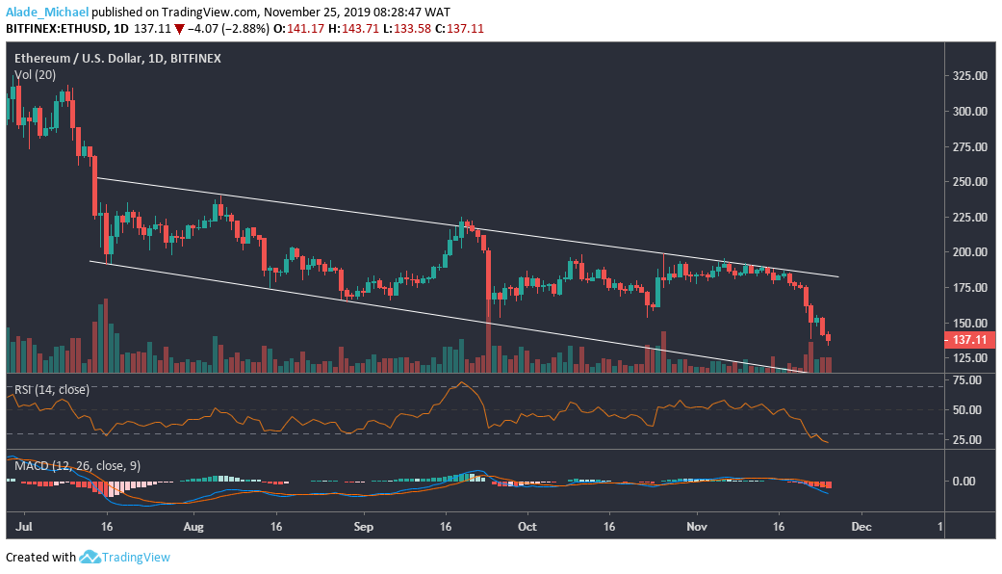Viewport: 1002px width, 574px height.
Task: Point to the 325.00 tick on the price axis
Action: pos(966,75)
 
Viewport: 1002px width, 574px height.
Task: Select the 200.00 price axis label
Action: pos(966,252)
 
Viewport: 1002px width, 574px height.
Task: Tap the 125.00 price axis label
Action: pos(966,358)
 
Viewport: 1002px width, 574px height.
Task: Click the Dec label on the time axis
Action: pos(861,528)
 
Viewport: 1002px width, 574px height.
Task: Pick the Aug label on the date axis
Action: pos(193,528)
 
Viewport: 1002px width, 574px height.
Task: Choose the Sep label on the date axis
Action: pos(363,528)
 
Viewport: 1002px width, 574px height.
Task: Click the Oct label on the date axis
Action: pos(527,528)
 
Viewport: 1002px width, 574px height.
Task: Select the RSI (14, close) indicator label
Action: pos(52,390)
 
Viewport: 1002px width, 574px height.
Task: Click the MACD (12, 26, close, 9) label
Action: pos(76,466)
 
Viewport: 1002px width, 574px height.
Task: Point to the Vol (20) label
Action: pos(35,74)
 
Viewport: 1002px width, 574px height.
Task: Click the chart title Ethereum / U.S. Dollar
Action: pos(77,59)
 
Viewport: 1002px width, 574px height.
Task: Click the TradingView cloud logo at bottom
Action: pos(90,557)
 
